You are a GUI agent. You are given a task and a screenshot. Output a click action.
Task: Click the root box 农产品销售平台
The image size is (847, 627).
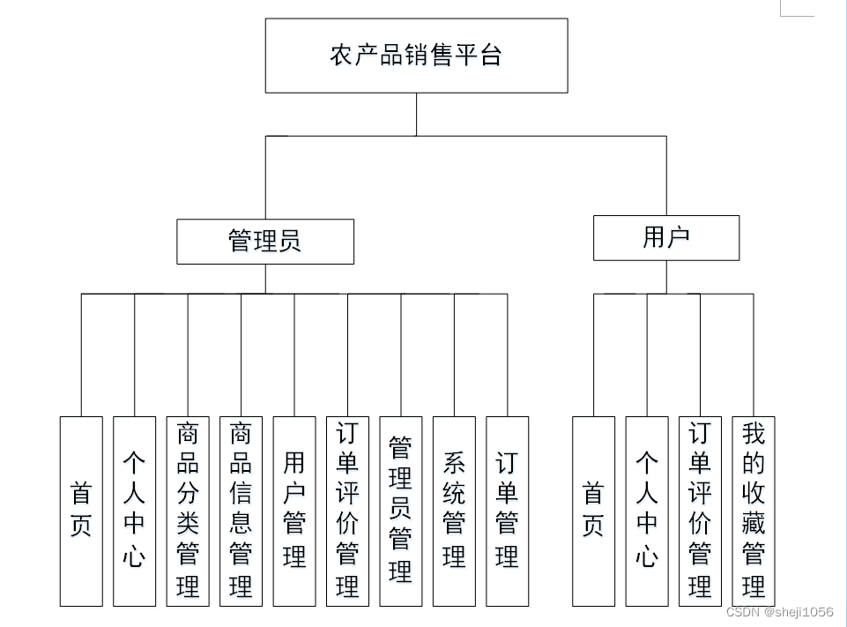coord(416,56)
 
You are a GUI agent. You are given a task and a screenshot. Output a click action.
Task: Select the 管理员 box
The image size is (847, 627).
coord(264,242)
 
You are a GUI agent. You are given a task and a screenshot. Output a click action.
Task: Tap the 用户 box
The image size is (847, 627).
coord(665,237)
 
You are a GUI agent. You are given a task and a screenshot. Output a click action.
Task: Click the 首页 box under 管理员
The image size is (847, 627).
coord(81,511)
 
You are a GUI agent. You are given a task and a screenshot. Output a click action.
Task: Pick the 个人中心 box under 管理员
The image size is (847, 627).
coord(134,511)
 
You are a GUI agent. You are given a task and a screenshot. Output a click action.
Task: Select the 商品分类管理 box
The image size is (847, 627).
coord(188,511)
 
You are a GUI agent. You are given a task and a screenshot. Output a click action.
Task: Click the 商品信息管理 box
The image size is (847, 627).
coord(241,511)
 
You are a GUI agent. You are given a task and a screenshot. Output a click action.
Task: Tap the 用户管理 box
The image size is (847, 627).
coord(294,511)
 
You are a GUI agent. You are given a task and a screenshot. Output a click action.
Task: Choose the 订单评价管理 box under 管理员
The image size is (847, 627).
coord(347,511)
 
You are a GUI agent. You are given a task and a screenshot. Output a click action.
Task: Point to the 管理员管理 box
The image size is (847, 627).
coord(401,511)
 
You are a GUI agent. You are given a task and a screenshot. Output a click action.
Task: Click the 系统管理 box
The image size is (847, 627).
coord(454,511)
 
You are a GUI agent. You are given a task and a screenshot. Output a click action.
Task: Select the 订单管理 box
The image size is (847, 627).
coord(507,511)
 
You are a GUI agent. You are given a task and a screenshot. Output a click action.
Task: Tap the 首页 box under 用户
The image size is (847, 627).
coord(593,511)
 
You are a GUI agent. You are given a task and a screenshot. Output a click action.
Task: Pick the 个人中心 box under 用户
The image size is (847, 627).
coord(647,511)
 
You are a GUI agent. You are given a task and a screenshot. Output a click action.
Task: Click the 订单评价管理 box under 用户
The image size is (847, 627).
coord(700,511)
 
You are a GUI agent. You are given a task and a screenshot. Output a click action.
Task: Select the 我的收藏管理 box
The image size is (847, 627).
coord(754,511)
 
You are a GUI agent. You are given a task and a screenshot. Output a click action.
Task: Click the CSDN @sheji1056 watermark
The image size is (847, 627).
coord(779,612)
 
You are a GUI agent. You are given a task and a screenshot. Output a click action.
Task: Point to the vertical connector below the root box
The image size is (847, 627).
coord(417,115)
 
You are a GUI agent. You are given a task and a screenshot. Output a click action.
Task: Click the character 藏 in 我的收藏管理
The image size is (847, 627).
coord(754,525)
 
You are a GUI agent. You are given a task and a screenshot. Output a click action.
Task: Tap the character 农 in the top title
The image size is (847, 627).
coord(340,56)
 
